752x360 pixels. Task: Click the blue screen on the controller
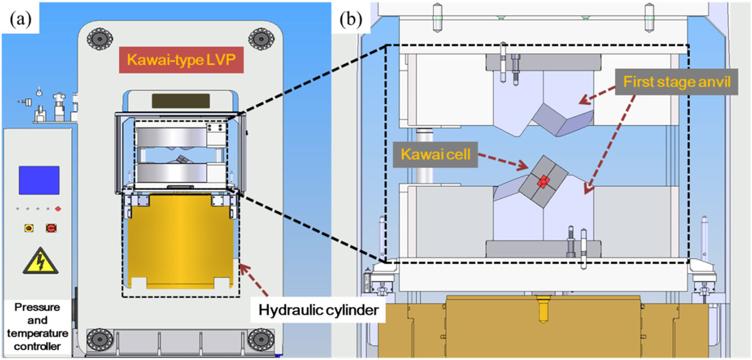click(39, 180)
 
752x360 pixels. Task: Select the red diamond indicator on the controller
click(57, 208)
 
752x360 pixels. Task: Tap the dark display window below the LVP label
click(180, 100)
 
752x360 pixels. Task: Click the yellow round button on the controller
click(28, 228)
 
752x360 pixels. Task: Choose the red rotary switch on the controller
click(52, 228)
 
